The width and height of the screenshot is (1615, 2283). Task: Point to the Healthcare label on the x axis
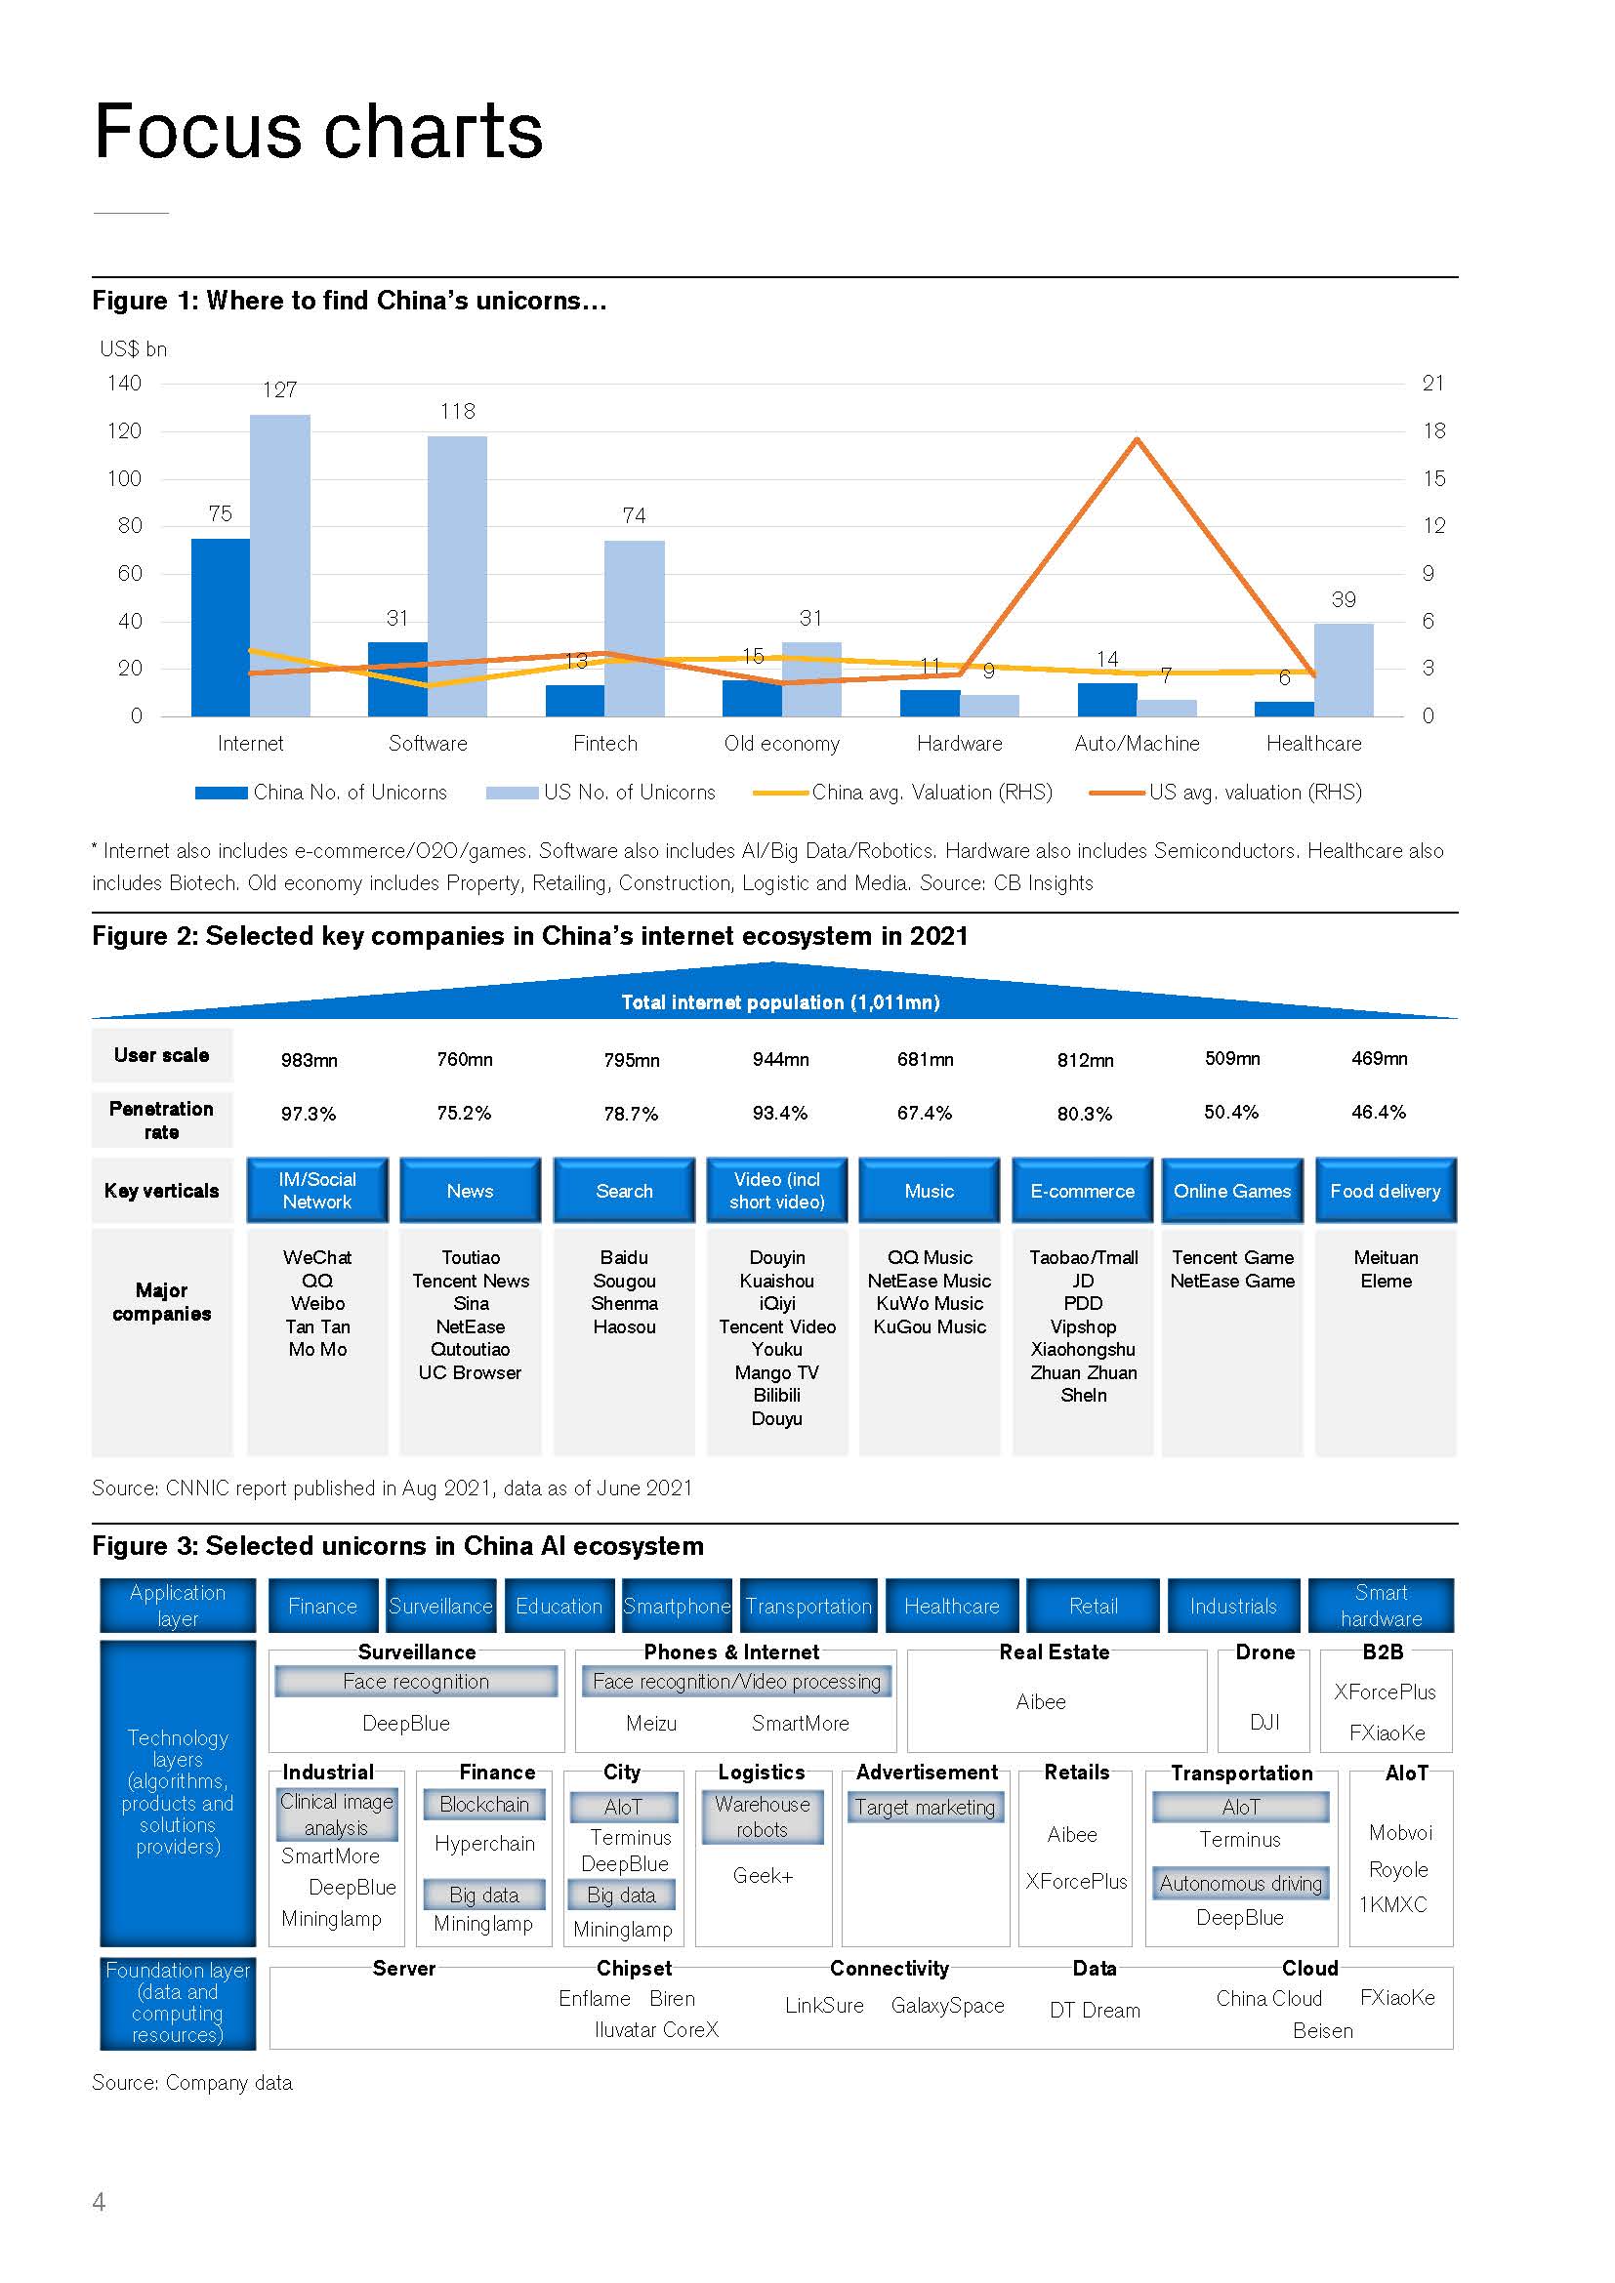point(1313,744)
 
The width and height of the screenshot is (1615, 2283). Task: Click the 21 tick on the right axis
point(1432,383)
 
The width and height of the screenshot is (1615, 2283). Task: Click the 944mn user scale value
point(781,1060)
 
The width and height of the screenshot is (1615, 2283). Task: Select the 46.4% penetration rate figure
point(1379,1113)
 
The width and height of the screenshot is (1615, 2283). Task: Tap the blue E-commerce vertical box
point(1082,1190)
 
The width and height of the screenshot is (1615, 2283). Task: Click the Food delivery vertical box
point(1386,1190)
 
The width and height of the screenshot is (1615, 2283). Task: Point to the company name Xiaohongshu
point(1083,1349)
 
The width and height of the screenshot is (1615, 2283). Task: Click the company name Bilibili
point(776,1395)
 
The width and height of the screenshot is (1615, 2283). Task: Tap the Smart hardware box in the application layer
point(1381,1605)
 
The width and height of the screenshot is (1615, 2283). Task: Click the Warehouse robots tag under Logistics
point(762,1816)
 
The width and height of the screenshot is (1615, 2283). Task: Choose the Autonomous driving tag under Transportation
point(1240,1883)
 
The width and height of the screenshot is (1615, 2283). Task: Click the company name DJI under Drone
point(1263,1722)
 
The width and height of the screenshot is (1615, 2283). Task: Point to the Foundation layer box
point(178,2003)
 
